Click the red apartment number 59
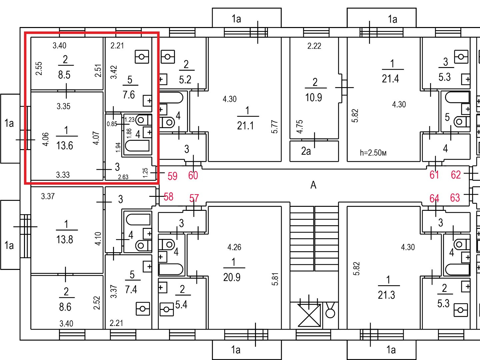172,176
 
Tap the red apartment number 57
194,198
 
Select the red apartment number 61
434,175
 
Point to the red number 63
455,198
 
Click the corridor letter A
313,185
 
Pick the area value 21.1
245,126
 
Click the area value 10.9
314,97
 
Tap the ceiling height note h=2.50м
373,152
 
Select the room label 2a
306,151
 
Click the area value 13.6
65,145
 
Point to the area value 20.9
232,277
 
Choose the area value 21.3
386,295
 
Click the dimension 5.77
274,127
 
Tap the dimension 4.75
300,126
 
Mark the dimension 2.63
123,177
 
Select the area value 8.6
65,307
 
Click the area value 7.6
129,95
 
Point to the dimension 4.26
234,247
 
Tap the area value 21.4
390,78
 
